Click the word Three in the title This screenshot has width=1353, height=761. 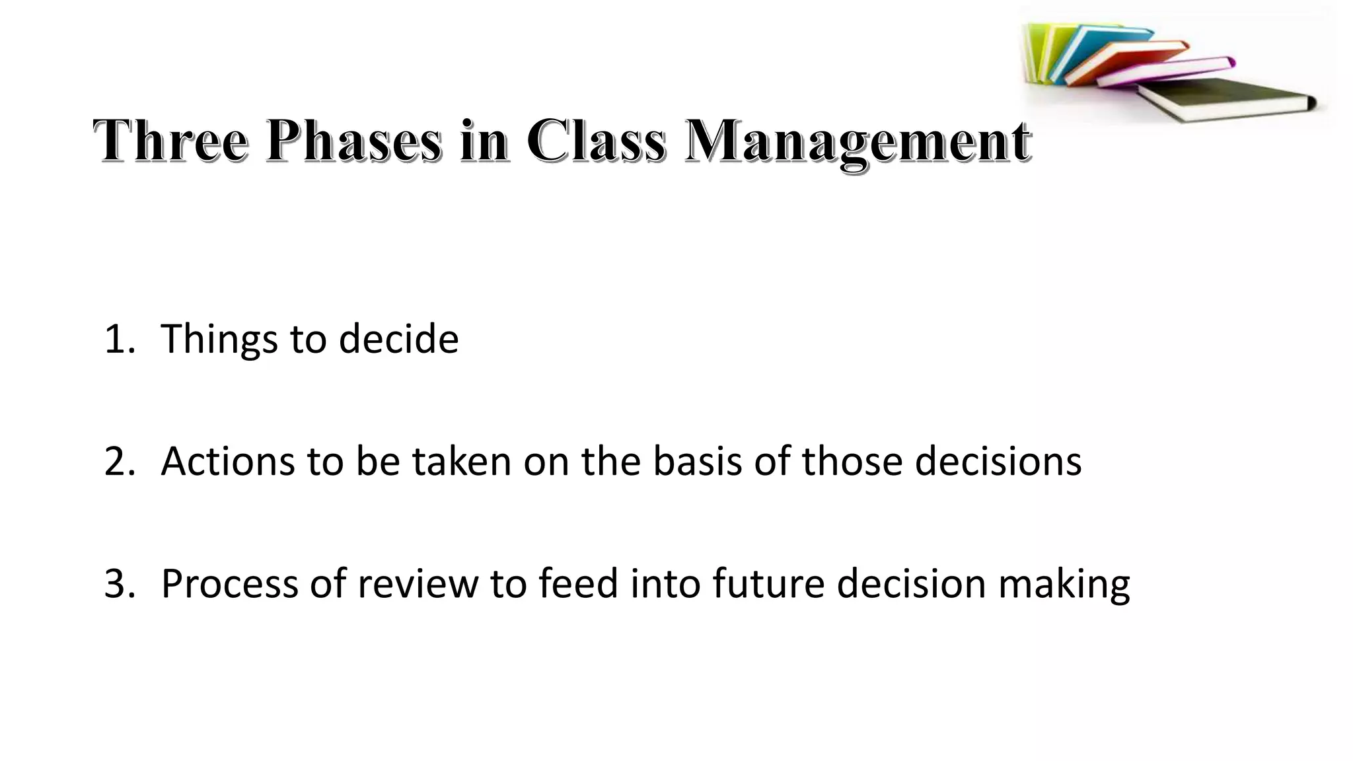tap(171, 141)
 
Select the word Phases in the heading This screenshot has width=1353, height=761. tap(353, 141)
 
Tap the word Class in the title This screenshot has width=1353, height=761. tap(596, 141)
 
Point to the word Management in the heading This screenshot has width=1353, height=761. tap(857, 142)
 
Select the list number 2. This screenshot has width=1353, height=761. tap(118, 461)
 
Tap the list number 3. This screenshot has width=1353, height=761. tap(118, 584)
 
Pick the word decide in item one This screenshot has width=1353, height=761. tap(398, 340)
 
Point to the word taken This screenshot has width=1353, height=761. tap(462, 461)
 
